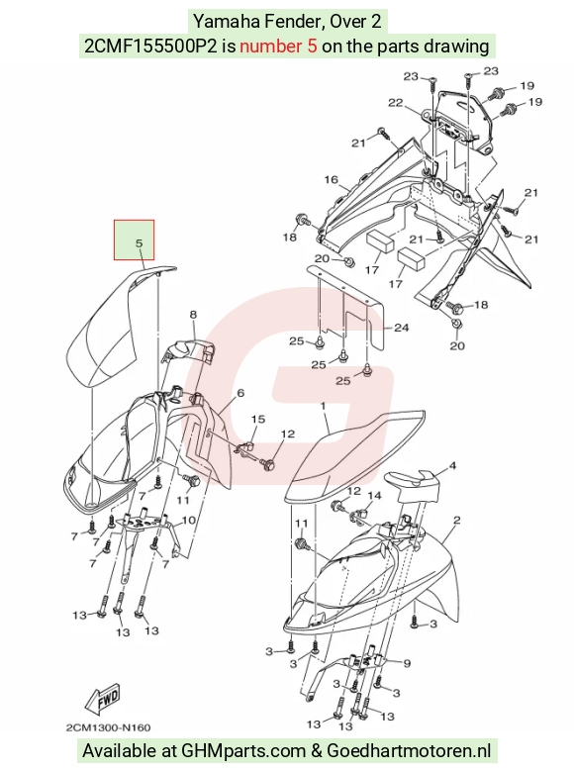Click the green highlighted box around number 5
(135, 240)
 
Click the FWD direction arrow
(102, 700)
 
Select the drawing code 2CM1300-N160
(108, 727)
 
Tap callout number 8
(193, 314)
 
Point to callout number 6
(240, 393)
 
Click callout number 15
(258, 419)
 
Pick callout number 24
(402, 328)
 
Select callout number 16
(331, 179)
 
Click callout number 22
(395, 102)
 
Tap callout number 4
(452, 465)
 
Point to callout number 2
(457, 520)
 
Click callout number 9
(407, 664)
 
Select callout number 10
(189, 521)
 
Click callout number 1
(323, 406)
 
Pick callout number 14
(375, 495)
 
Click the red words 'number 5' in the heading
(278, 47)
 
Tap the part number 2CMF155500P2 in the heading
(150, 47)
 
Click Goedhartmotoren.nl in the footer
(409, 751)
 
